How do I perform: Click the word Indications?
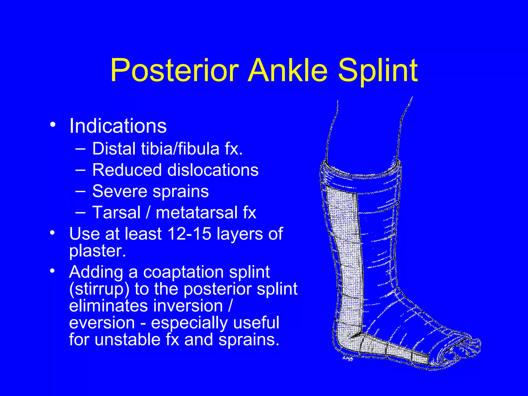(118, 126)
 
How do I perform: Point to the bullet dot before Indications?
(53, 125)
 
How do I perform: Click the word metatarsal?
(197, 213)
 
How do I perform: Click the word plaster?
(97, 251)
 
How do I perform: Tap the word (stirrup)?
(99, 289)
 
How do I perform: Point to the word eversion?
(102, 323)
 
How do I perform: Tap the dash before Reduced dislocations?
(81, 170)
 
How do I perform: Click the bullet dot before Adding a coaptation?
(53, 271)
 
